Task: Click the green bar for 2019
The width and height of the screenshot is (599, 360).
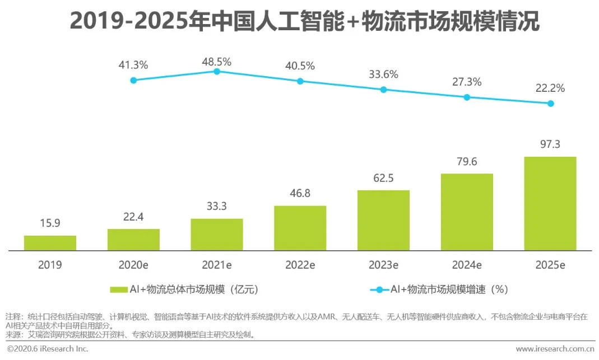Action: point(50,242)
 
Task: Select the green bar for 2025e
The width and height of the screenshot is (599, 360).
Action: point(550,203)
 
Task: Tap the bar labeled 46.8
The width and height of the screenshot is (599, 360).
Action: point(300,228)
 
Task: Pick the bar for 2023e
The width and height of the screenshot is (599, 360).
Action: point(383,220)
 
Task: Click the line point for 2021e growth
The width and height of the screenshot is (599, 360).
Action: point(217,71)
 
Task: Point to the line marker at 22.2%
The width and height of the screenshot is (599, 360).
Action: point(550,104)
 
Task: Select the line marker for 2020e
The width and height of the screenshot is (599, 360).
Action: point(133,80)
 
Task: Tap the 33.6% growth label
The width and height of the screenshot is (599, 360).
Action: point(383,74)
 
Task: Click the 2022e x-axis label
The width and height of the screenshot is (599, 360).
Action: point(300,265)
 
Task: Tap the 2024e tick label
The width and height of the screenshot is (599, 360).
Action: point(467,265)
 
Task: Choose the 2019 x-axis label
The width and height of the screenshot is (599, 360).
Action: point(50,265)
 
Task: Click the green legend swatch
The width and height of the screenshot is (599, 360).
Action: point(118,289)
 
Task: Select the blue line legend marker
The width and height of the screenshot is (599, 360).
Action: point(379,289)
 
